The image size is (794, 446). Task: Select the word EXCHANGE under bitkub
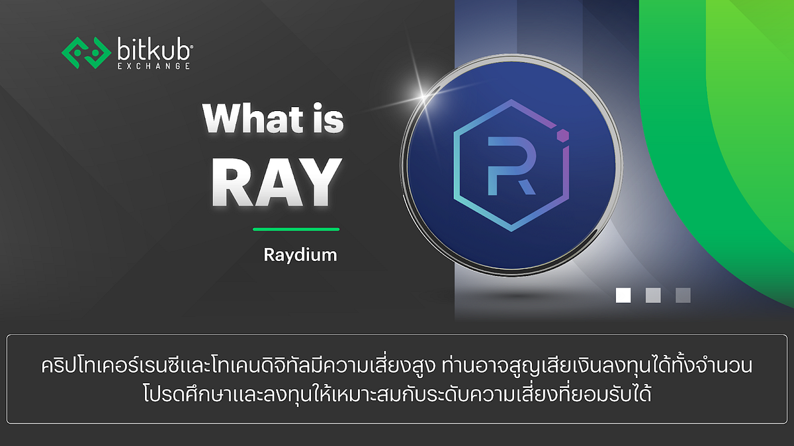tap(157, 66)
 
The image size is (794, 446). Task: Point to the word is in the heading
tap(324, 120)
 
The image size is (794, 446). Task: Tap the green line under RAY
tap(296, 229)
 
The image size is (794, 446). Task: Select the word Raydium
tap(300, 255)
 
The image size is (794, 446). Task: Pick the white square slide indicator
tap(623, 295)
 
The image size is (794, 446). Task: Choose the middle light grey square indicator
tap(653, 295)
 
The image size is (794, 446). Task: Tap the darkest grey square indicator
tap(683, 295)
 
